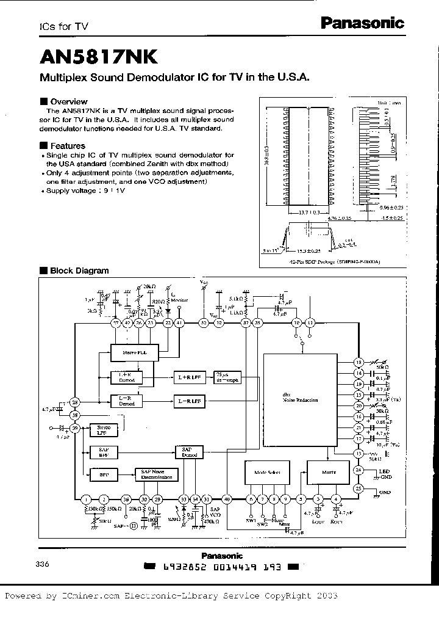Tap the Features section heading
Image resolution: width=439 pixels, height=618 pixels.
coord(67,146)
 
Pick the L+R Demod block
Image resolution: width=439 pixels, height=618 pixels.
coord(126,377)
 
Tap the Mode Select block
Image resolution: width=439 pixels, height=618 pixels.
coord(266,473)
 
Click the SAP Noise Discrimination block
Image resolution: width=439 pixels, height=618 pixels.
coord(156,475)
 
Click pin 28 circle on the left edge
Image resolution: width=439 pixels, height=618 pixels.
coord(75,402)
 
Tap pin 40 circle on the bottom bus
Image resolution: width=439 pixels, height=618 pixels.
coord(227,499)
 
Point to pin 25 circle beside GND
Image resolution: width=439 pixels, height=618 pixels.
coord(359,489)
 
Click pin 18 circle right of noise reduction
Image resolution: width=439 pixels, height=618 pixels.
coord(359,362)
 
